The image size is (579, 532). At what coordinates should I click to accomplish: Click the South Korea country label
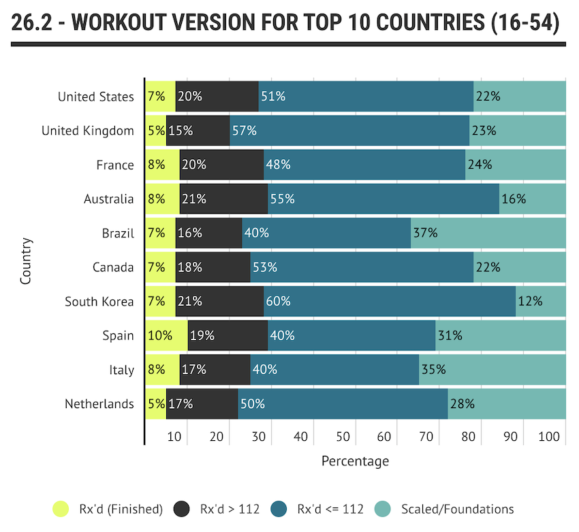(99, 301)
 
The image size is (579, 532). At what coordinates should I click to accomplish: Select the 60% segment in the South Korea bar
(389, 301)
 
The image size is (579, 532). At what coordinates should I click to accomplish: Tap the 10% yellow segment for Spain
(166, 335)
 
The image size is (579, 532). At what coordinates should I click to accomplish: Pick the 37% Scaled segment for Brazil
(488, 233)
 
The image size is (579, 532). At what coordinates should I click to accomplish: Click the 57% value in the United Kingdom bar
(244, 131)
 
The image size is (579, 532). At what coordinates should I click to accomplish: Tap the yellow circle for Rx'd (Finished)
(61, 509)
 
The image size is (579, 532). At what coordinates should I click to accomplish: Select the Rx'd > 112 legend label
(228, 509)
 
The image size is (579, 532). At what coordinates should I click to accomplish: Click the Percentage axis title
(355, 461)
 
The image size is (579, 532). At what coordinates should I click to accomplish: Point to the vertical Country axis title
(26, 261)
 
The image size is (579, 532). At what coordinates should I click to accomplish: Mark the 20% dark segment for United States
(217, 96)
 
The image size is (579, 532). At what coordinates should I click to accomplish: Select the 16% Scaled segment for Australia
(532, 199)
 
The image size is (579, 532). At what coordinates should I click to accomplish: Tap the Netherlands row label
(99, 404)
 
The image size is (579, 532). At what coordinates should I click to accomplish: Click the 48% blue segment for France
(364, 165)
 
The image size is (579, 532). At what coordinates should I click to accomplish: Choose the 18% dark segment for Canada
(213, 267)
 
